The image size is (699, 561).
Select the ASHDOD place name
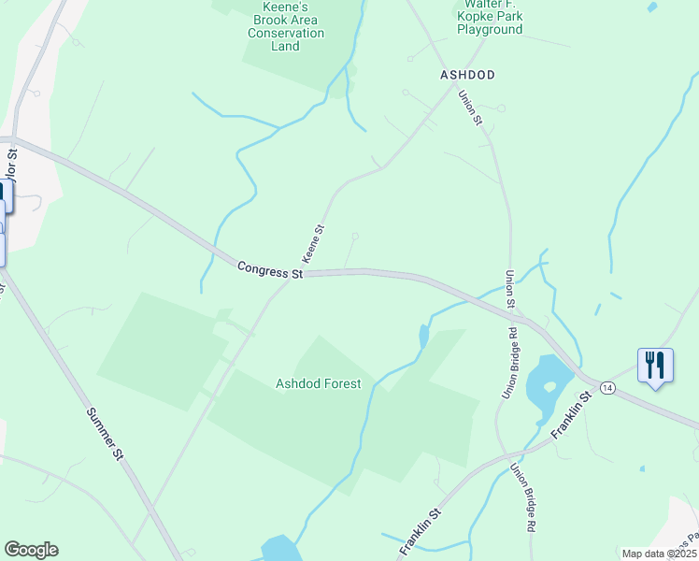click(467, 74)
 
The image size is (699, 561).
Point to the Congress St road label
click(270, 270)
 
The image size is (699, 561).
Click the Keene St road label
click(312, 243)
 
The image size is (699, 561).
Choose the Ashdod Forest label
click(318, 383)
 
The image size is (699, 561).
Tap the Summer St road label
click(105, 434)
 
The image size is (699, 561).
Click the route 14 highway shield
click(607, 387)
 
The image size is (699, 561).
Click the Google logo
click(31, 550)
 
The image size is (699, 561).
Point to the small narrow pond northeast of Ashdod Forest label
click(424, 336)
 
